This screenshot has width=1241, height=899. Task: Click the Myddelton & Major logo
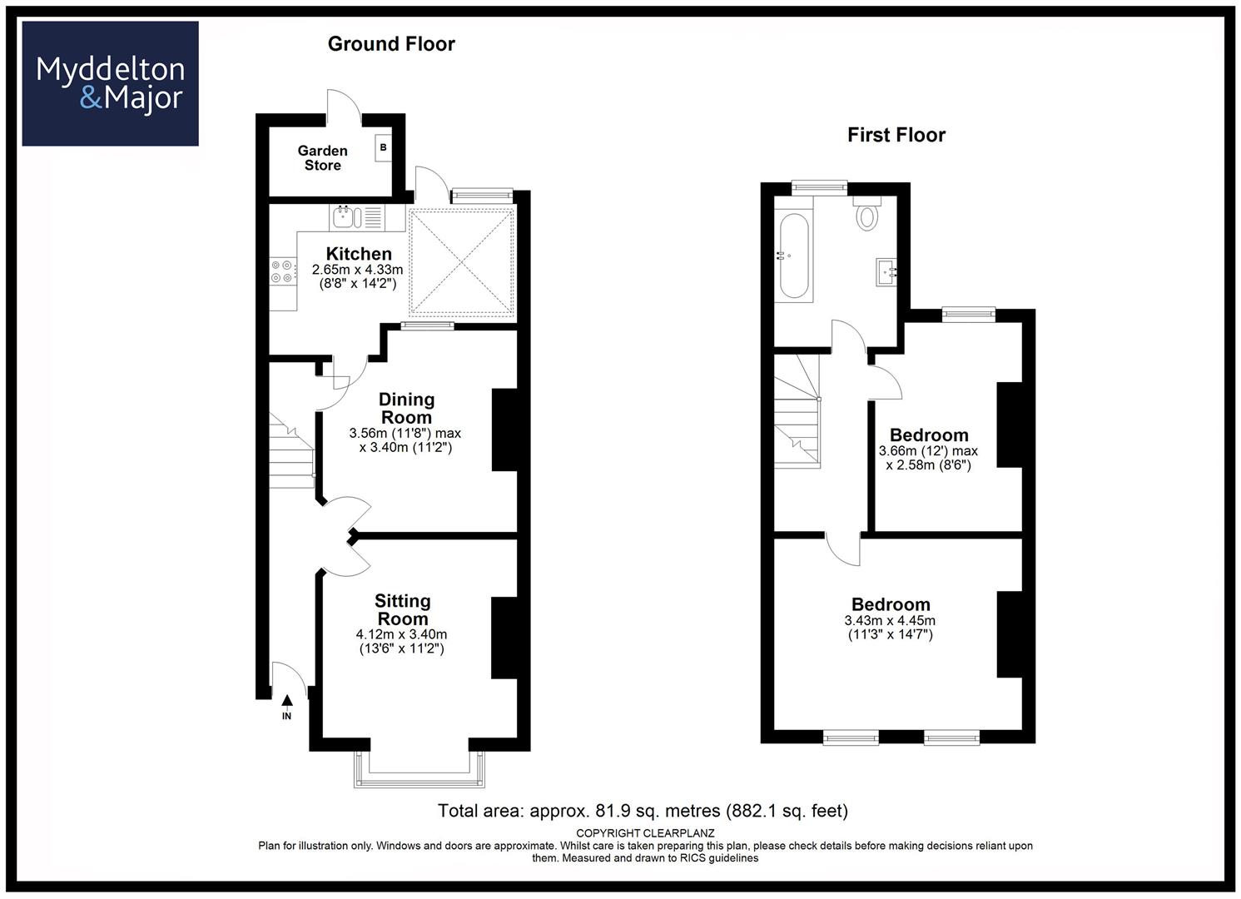(110, 83)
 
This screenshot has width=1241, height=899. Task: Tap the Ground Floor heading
(391, 44)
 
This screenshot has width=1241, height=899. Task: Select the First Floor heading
(896, 135)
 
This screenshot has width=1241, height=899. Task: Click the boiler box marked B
(383, 148)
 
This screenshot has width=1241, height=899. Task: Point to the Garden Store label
(322, 158)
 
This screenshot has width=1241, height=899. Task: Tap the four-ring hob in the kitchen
(281, 271)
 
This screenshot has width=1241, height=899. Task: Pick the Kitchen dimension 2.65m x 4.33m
(357, 270)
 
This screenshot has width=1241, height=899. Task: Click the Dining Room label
(407, 408)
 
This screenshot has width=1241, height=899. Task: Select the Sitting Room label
(403, 609)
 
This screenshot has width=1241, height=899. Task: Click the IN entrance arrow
(286, 708)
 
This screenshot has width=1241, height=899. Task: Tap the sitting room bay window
(419, 769)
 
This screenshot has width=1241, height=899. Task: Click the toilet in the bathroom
(867, 213)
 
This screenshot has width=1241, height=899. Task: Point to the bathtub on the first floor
(794, 256)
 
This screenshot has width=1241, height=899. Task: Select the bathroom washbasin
(886, 271)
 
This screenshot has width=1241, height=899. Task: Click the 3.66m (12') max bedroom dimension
(928, 451)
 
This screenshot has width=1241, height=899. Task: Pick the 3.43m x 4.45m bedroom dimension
(890, 621)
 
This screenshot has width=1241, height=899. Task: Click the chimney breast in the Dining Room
(504, 430)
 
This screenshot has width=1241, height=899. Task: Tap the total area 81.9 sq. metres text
(643, 811)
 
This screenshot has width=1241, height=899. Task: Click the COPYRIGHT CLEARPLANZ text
(645, 833)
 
